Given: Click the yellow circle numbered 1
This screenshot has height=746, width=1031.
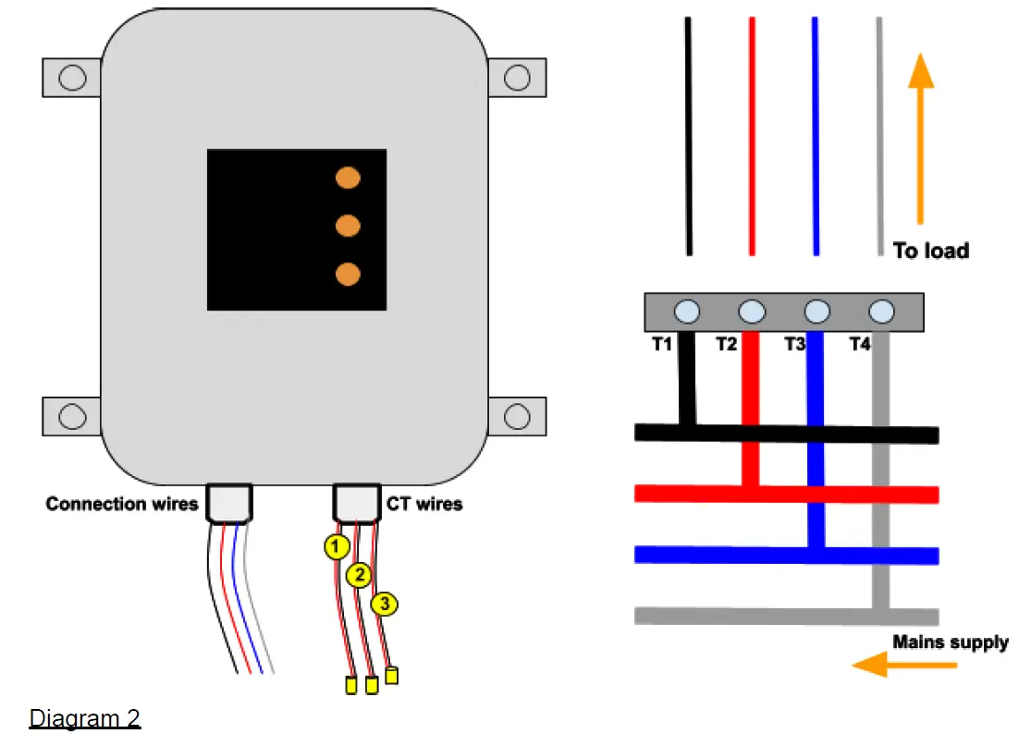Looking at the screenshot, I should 337,546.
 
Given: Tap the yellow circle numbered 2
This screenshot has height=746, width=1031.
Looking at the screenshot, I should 359,575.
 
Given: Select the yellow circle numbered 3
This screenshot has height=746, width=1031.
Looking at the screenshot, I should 384,605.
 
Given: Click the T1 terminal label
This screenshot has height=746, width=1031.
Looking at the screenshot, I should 660,345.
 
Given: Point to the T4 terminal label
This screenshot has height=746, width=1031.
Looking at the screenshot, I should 860,345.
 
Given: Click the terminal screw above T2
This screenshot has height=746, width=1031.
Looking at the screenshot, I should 752,312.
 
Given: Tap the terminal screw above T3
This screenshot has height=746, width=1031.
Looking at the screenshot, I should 816,312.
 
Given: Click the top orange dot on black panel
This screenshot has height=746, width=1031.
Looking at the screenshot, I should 348,177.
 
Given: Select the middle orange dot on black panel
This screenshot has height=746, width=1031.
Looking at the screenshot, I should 348,226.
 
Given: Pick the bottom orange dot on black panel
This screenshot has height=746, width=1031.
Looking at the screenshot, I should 348,274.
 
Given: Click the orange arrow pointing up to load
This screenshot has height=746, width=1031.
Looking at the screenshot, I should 919,139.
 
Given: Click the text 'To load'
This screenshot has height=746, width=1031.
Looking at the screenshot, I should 931,251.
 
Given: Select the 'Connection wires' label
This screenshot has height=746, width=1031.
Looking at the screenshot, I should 122,504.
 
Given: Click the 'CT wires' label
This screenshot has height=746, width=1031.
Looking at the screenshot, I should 424,504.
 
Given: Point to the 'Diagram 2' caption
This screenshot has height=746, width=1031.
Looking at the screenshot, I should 85,717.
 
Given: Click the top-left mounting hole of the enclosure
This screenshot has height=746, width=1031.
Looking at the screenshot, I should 72,77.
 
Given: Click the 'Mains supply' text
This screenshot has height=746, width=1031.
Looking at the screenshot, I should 951,642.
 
